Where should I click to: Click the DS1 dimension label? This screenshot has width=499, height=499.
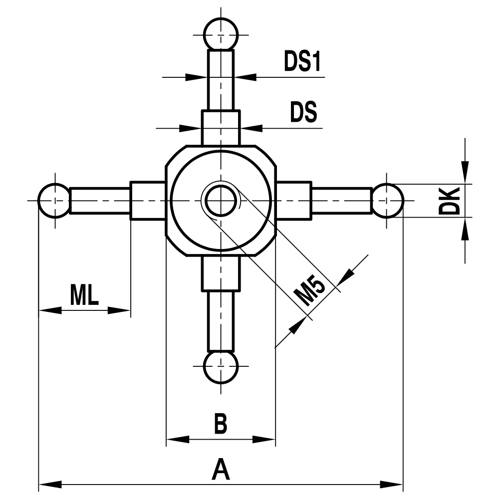(302, 62)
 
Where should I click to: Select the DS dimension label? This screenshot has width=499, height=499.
(303, 113)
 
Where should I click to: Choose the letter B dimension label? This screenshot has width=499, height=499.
(220, 424)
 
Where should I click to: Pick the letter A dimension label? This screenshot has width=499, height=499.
(220, 470)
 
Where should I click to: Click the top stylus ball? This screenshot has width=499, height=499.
(221, 34)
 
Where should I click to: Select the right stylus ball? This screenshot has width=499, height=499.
(387, 201)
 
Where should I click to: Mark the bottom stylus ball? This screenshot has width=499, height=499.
(221, 367)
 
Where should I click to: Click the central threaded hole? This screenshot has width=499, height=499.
(220, 201)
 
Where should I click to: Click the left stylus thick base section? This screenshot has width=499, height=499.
(148, 201)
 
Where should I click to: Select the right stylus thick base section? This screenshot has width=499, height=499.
(293, 201)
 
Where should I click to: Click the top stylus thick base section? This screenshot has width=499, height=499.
(221, 128)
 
